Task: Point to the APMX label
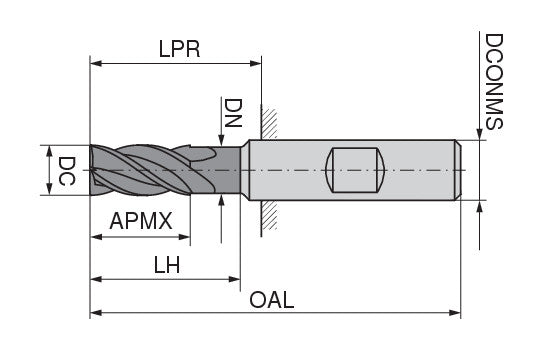click(141, 220)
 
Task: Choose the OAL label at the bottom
click(272, 300)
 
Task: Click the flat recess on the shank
click(355, 171)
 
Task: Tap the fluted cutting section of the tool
click(150, 171)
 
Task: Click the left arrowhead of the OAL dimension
click(96, 313)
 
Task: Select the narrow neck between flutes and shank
click(230, 171)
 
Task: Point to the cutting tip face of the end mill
click(93, 171)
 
